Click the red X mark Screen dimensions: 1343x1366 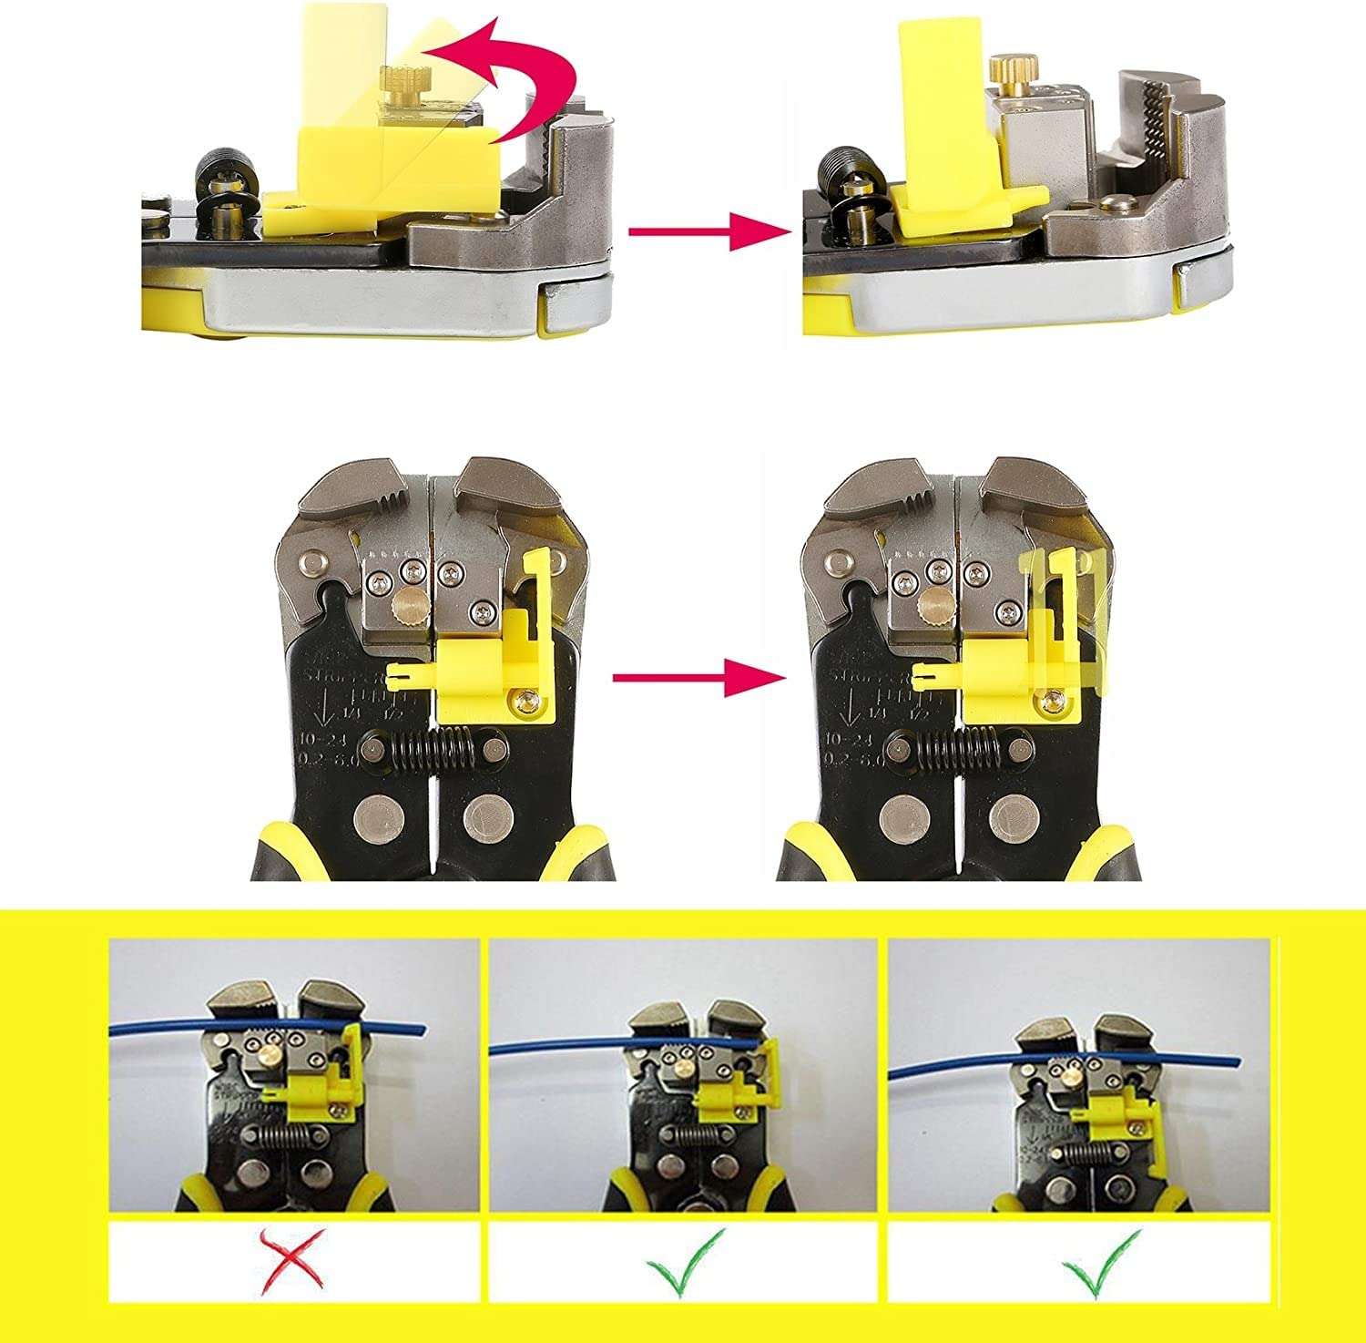tap(293, 1261)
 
